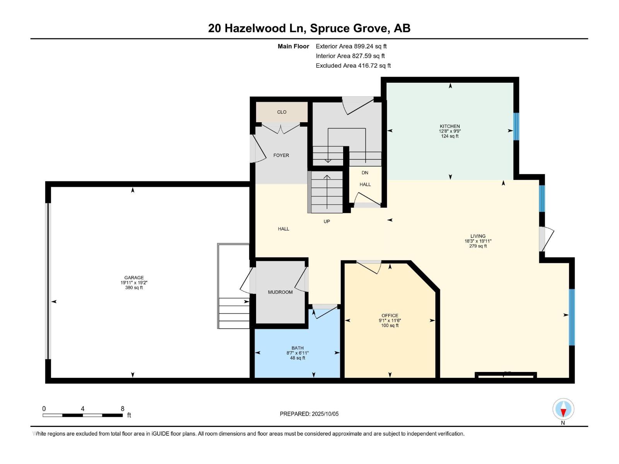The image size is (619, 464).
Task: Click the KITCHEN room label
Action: click(450, 126)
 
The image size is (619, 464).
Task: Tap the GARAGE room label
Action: click(134, 278)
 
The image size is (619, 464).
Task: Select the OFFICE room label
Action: click(390, 316)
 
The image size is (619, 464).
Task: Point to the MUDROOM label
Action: click(280, 292)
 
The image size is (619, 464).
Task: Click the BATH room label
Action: click(298, 348)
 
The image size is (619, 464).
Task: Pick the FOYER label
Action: click(281, 155)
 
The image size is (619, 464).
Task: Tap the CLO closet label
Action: click(282, 112)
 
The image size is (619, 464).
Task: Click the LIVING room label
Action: click(478, 236)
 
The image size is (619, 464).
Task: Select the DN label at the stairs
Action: click(365, 173)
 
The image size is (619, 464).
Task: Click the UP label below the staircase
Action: click(327, 222)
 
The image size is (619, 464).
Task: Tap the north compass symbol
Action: click(563, 409)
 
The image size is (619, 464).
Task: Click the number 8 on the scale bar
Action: click(123, 409)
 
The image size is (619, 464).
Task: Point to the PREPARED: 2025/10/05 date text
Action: click(309, 414)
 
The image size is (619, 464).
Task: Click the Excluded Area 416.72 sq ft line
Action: click(353, 66)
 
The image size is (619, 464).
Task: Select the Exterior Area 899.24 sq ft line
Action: click(351, 46)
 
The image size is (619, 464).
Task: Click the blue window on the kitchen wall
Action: click(516, 126)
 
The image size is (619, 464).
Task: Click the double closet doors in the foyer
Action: click(281, 128)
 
